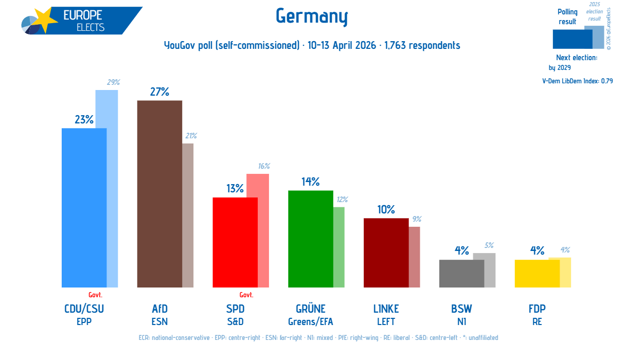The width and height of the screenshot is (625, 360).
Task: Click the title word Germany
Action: coord(312,16)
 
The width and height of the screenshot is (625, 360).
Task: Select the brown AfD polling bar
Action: coord(159,194)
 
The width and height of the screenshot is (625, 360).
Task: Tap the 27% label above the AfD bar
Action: coord(159,92)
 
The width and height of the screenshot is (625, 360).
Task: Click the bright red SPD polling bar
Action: coord(235,242)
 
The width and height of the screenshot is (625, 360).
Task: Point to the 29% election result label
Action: coord(113,82)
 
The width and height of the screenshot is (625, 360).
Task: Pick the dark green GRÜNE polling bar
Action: coord(311,239)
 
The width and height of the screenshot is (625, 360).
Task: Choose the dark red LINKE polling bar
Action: coord(386,253)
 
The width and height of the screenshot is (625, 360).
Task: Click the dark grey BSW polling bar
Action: coord(461,274)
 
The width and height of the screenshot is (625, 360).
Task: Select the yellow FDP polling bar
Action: coord(537,274)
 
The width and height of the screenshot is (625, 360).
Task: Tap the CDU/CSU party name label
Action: coord(84,309)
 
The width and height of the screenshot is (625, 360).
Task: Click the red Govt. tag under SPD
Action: coord(246,295)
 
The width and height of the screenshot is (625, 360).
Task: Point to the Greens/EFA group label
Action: coord(311,322)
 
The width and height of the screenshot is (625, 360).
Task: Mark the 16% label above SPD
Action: coord(264,166)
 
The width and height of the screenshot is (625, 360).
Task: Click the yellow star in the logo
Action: coord(45,20)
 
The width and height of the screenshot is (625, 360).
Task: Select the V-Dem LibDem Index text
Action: coord(577,81)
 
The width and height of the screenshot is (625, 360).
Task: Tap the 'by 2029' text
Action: coord(560,68)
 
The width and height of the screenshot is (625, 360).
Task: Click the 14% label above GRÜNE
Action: coord(311,182)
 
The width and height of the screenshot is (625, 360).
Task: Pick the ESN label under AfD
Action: coord(159,322)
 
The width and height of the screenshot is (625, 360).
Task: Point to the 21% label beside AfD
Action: coord(191,136)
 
